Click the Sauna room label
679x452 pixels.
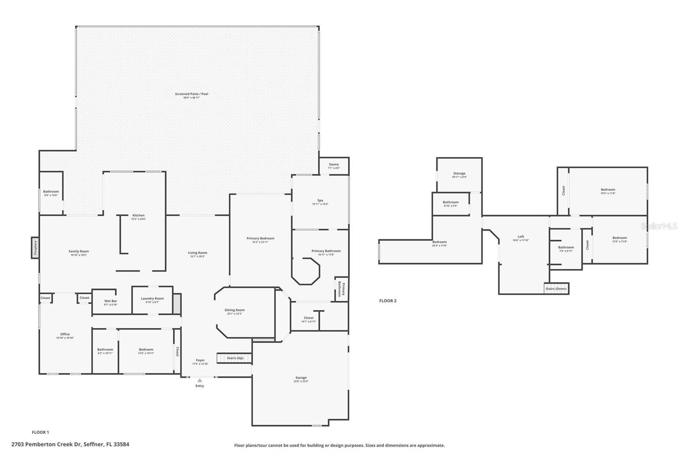tap(334, 165)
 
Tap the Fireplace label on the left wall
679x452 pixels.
tap(35, 248)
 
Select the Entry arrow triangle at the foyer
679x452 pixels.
tap(199, 380)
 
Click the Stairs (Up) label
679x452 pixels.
tap(235, 358)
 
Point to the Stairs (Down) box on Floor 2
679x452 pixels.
tap(556, 289)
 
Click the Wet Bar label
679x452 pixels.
tap(111, 301)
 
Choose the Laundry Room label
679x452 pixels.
tap(152, 299)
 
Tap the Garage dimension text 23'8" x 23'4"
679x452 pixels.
tap(301, 382)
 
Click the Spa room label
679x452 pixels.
tap(320, 201)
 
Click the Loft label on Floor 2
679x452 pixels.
tap(521, 237)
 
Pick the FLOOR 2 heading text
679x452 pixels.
tap(387, 301)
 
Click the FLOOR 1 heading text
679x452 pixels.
tap(40, 432)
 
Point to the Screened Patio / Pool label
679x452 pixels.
tap(192, 94)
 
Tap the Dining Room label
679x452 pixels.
tap(235, 310)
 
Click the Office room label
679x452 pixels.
tap(65, 334)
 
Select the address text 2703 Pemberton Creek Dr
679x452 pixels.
tap(70, 444)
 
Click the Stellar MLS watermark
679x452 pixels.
tap(659, 226)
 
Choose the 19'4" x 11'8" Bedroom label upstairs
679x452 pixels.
tap(608, 190)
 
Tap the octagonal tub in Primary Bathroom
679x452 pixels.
tap(306, 271)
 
